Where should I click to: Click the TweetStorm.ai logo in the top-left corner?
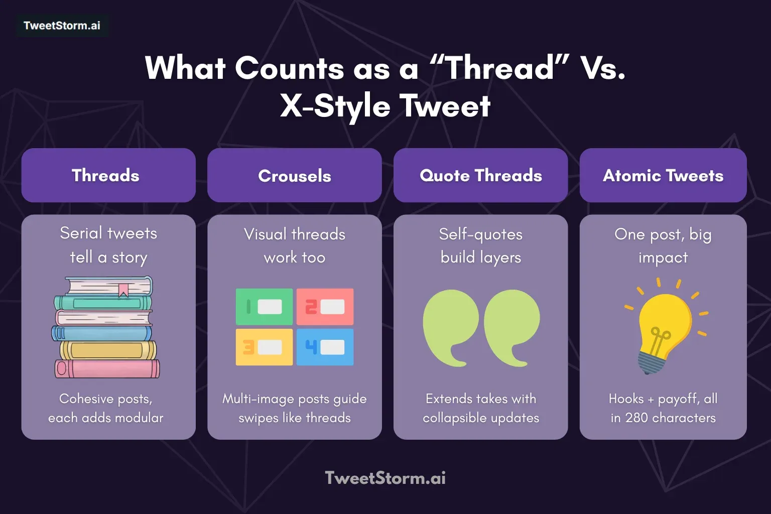tap(62, 26)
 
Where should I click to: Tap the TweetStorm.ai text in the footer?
tap(385, 478)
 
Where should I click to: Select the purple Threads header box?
tap(108, 175)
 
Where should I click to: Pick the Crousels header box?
tap(295, 175)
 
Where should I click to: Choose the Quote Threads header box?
tap(480, 175)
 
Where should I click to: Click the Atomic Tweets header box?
tap(663, 175)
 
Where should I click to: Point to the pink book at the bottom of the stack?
tap(107, 369)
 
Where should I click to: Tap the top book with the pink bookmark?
tap(109, 286)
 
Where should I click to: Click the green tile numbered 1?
tap(265, 307)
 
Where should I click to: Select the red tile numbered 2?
tap(325, 307)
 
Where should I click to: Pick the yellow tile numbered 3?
tap(265, 347)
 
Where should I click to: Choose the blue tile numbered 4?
tap(325, 347)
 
